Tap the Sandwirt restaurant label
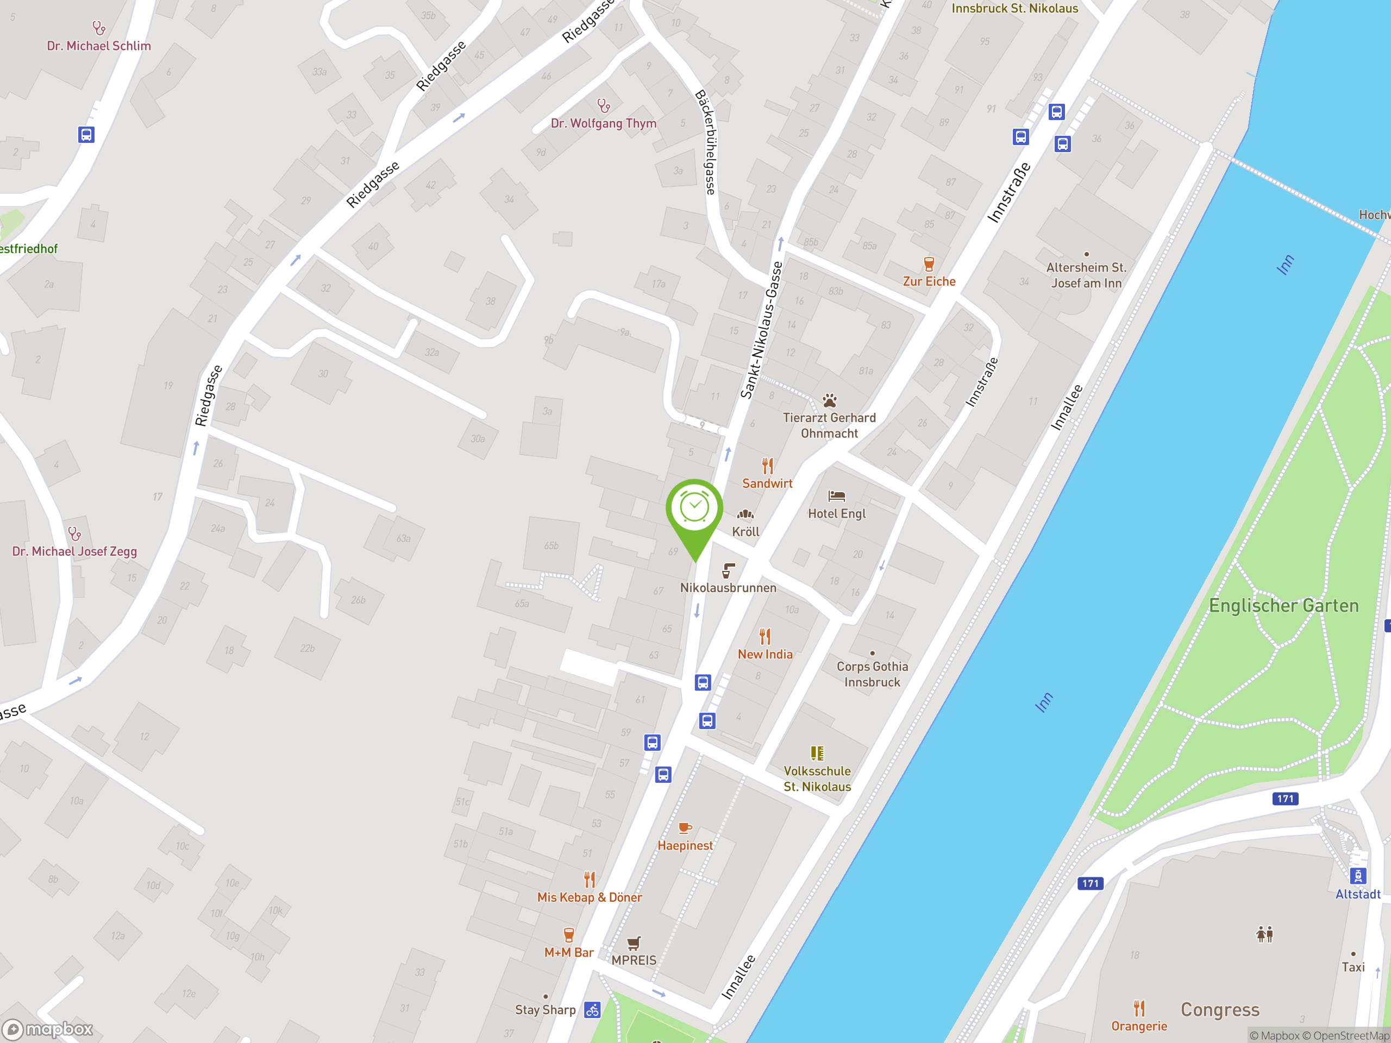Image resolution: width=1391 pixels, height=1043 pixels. pyautogui.click(x=767, y=483)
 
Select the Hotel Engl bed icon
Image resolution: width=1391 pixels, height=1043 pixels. pyautogui.click(x=836, y=496)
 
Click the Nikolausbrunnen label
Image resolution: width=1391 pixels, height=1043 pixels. pyautogui.click(x=728, y=588)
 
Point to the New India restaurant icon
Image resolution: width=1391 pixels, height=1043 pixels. pyautogui.click(x=765, y=637)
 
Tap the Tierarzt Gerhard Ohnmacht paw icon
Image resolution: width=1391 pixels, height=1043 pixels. pyautogui.click(x=830, y=400)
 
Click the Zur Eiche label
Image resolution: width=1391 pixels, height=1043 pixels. pyautogui.click(x=929, y=281)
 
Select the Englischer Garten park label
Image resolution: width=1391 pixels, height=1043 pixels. pyautogui.click(x=1283, y=606)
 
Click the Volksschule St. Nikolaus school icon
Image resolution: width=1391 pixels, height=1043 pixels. pyautogui.click(x=817, y=753)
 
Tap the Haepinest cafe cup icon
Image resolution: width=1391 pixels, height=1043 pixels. pyautogui.click(x=685, y=828)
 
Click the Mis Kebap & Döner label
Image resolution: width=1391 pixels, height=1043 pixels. pyautogui.click(x=589, y=897)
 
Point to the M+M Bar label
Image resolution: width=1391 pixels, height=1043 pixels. pyautogui.click(x=568, y=952)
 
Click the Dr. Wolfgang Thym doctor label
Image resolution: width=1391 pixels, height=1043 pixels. pyautogui.click(x=603, y=123)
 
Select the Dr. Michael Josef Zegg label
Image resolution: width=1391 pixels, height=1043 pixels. pyautogui.click(x=74, y=551)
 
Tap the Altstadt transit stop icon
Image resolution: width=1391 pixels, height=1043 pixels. pyautogui.click(x=1358, y=876)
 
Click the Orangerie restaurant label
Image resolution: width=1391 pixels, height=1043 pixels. pyautogui.click(x=1138, y=1026)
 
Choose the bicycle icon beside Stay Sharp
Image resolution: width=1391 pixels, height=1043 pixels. pyautogui.click(x=592, y=1010)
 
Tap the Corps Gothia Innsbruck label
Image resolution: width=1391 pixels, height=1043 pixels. pyautogui.click(x=872, y=674)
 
